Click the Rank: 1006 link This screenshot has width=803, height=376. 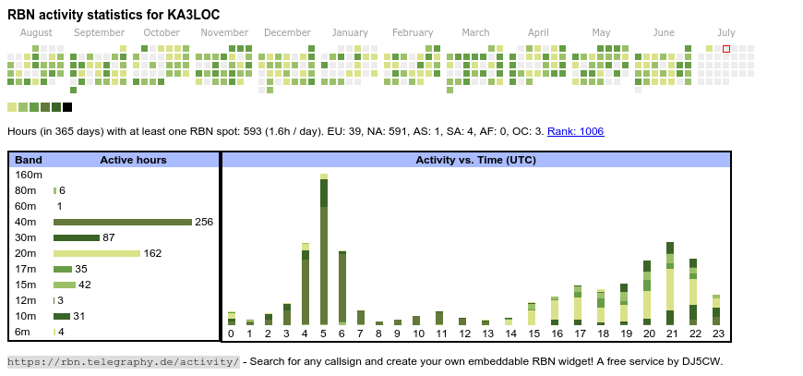pyautogui.click(x=575, y=131)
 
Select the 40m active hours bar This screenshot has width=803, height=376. pyautogui.click(x=122, y=222)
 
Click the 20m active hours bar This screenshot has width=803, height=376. pyautogui.click(x=97, y=253)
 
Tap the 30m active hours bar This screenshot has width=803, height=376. pyautogui.click(x=76, y=237)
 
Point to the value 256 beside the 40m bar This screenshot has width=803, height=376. pyautogui.click(x=204, y=222)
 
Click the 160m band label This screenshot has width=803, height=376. pyautogui.click(x=29, y=175)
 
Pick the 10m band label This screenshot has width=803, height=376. pyautogui.click(x=25, y=316)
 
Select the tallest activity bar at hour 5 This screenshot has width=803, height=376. pyautogui.click(x=324, y=249)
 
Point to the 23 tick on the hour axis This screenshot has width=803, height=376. pyautogui.click(x=716, y=334)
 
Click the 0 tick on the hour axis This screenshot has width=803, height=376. pyautogui.click(x=232, y=334)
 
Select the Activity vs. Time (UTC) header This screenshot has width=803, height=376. pyautogui.click(x=475, y=160)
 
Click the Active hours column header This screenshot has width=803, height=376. pyautogui.click(x=133, y=160)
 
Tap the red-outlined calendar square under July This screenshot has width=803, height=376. pyautogui.click(x=726, y=48)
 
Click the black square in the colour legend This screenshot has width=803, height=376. pyautogui.click(x=67, y=107)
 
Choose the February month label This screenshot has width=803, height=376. pyautogui.click(x=412, y=32)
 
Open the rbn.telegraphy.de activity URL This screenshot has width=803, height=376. pyautogui.click(x=124, y=361)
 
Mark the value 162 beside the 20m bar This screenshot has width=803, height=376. pyautogui.click(x=152, y=253)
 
